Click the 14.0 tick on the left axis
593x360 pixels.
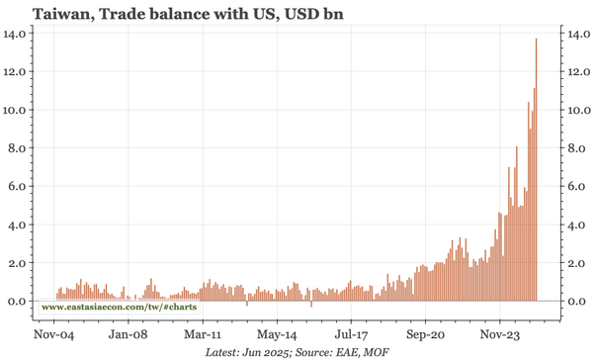[x=18, y=34]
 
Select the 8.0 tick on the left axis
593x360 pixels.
[x=21, y=148]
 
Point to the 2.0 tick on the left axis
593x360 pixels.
[x=21, y=263]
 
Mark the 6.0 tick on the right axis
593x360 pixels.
[x=577, y=187]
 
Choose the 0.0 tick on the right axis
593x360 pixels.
[x=577, y=302]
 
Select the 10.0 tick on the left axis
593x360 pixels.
[x=18, y=111]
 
